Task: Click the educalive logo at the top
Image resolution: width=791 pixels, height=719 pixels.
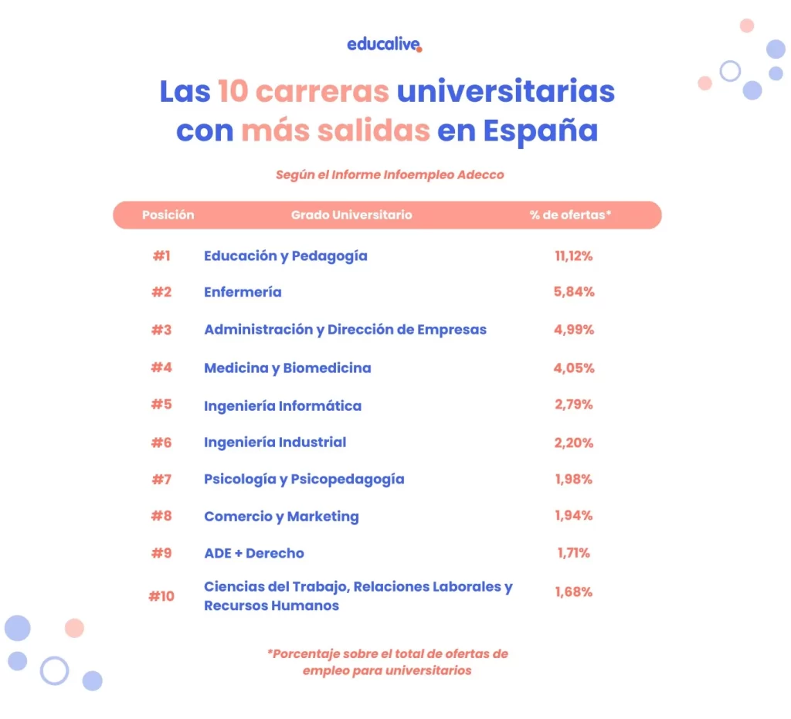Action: point(385,44)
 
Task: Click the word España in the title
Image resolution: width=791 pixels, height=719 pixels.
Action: point(540,131)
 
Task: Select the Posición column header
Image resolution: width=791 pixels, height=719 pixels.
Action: point(168,215)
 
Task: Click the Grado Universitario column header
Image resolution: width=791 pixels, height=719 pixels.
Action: point(351,215)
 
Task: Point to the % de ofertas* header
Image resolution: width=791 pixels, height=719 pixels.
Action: point(570,215)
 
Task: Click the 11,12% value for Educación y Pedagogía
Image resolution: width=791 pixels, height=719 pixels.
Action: point(573,256)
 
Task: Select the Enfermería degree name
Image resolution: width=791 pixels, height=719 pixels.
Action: point(243,292)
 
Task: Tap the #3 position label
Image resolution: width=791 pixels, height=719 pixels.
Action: point(161,330)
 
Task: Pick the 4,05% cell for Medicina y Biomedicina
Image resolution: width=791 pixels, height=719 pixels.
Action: point(574,368)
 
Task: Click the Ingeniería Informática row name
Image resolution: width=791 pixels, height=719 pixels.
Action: point(282,405)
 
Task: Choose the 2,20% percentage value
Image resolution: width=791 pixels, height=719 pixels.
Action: point(574,443)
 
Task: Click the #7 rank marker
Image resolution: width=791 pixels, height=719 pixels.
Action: point(161,480)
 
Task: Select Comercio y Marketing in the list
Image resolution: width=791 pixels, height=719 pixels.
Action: point(281,517)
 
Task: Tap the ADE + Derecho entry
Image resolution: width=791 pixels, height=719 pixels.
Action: point(254,553)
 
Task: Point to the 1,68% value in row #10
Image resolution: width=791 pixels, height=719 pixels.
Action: point(574,592)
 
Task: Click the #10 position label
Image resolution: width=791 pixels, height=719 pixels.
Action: point(161,596)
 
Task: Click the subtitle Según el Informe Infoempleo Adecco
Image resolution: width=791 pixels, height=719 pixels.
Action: point(389,175)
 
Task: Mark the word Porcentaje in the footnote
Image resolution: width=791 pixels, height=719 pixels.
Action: point(305,653)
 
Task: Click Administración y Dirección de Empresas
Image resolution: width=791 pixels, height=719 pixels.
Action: point(345,330)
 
